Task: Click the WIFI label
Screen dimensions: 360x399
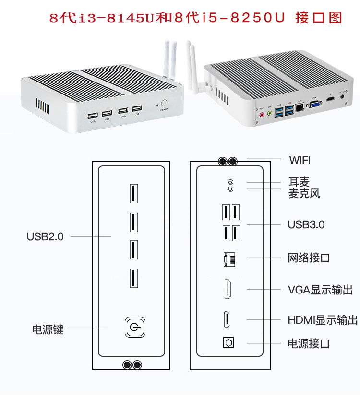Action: point(300,160)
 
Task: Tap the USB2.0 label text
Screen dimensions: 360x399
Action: point(45,236)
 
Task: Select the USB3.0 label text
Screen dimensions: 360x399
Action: point(306,224)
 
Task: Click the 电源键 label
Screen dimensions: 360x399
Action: point(48,329)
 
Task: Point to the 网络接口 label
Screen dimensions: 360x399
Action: point(309,258)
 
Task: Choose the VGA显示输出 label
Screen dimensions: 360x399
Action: point(320,290)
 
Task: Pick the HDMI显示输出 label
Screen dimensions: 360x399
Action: point(323,320)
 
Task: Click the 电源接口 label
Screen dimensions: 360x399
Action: point(309,343)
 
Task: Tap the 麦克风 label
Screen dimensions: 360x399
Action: point(304,193)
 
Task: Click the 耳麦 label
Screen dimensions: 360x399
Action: point(299,182)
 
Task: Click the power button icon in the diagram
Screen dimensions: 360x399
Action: point(133,328)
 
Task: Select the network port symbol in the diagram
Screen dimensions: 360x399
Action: point(228,258)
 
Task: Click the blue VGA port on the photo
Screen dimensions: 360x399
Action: point(315,105)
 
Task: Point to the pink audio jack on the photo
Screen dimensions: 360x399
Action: point(262,115)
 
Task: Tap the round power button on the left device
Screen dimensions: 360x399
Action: point(165,103)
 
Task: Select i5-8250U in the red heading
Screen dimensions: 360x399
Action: point(243,18)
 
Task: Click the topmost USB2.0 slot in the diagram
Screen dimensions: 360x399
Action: point(132,193)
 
